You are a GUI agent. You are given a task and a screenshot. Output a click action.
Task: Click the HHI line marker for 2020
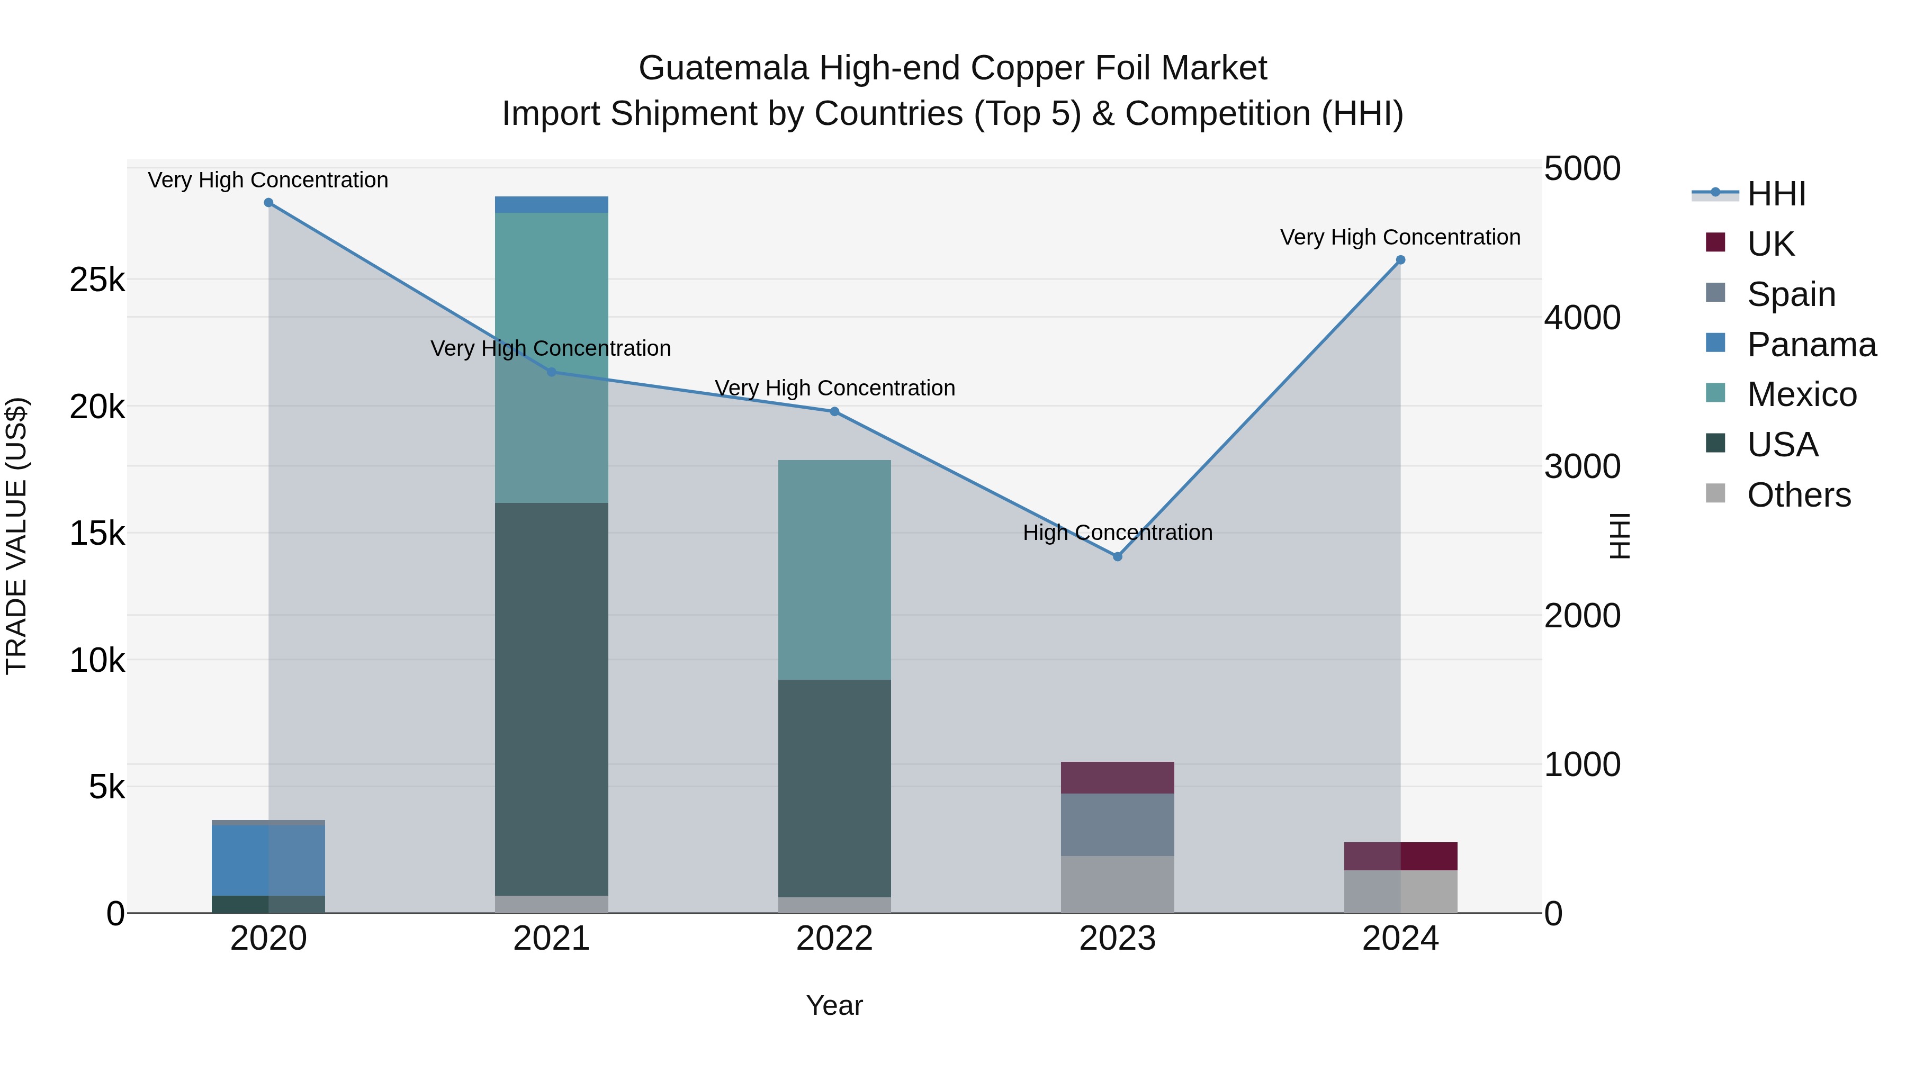[x=268, y=203]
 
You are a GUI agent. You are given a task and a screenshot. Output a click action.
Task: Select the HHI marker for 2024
[x=1400, y=260]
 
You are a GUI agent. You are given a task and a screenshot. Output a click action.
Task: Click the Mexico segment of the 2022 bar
[x=834, y=570]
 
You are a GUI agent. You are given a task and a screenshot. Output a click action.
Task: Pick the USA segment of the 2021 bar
[x=551, y=699]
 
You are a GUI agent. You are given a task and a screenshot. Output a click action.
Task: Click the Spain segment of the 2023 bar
[x=1117, y=824]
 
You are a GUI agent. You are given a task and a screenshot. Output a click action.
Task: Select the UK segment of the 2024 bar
[x=1400, y=856]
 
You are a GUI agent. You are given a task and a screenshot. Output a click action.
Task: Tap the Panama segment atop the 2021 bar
[x=551, y=204]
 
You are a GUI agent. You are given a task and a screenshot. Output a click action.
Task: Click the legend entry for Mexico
[x=1801, y=394]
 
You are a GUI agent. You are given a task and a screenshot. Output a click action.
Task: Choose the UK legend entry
[x=1770, y=244]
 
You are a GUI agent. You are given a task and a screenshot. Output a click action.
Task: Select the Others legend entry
[x=1798, y=495]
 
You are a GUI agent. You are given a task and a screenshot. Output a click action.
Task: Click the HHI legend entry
[x=1776, y=194]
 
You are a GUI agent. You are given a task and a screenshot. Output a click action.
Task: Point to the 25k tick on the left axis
[x=97, y=280]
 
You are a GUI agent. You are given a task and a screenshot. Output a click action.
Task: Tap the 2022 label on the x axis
[x=834, y=939]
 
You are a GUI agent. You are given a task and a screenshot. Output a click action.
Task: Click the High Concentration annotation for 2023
[x=1117, y=533]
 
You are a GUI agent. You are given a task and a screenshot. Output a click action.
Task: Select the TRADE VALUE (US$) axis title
[x=16, y=536]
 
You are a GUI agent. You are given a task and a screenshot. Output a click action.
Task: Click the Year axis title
[x=834, y=1005]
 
